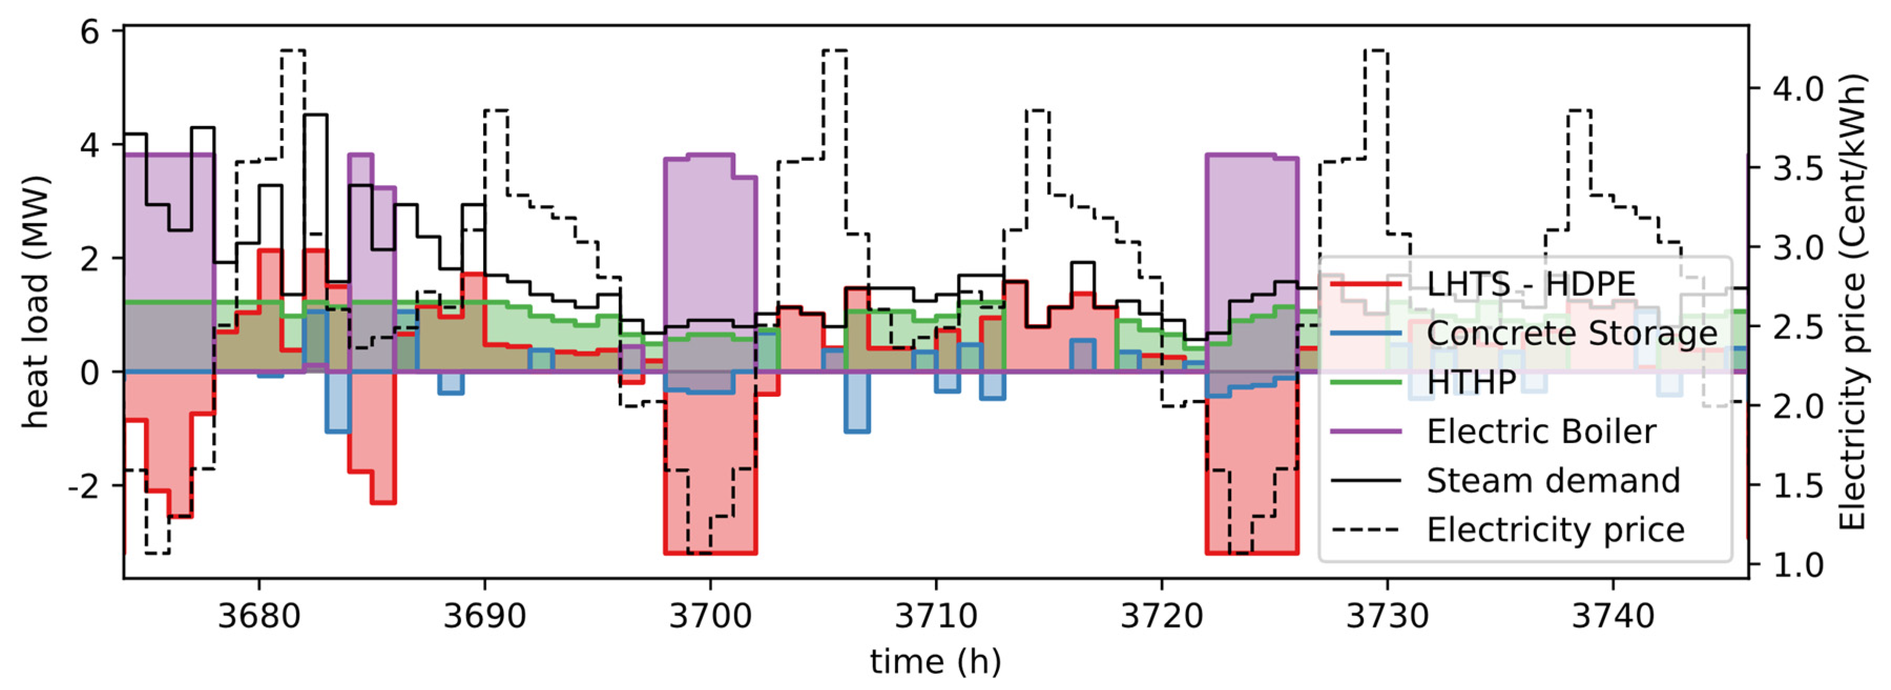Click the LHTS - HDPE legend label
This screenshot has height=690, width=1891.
(1531, 284)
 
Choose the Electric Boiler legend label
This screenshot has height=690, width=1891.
(1541, 431)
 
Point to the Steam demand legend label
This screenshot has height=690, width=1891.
(1553, 481)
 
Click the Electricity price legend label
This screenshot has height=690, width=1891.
(1555, 530)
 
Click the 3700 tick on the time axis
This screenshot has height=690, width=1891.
(710, 615)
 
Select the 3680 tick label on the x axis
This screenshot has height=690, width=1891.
(258, 615)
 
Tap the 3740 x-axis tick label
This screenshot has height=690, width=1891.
(1613, 615)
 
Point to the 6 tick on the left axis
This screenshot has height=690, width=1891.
(89, 32)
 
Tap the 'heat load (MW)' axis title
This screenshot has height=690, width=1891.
(35, 301)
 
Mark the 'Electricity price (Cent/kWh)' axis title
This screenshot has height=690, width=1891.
(1852, 301)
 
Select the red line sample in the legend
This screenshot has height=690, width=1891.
(1365, 284)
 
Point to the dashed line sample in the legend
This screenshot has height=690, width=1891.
(1365, 530)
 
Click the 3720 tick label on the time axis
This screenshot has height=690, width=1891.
(1161, 615)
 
